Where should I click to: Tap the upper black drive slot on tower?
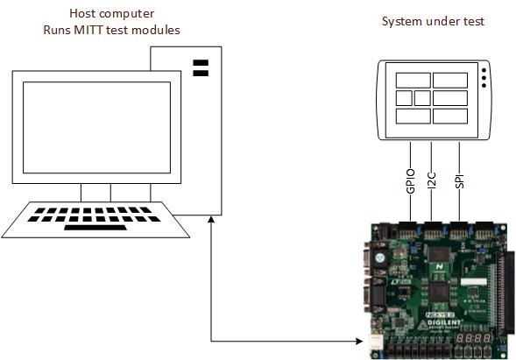[200, 63]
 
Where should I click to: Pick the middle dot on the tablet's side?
[482, 77]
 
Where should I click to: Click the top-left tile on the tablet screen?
[414, 81]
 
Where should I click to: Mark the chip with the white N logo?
[441, 263]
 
